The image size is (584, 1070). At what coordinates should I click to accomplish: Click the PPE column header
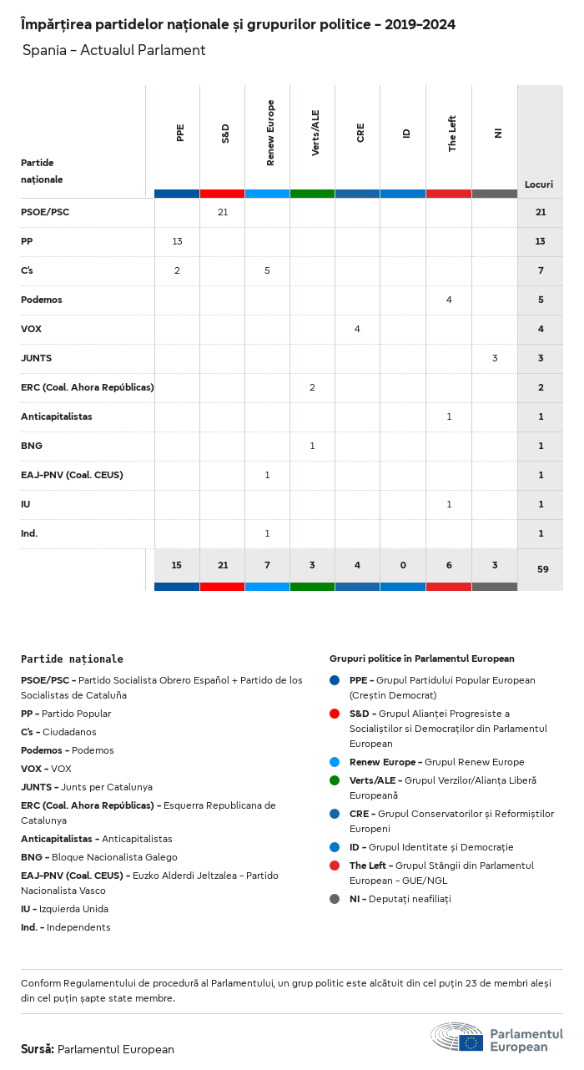[x=180, y=133]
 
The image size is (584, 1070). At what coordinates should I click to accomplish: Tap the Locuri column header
[x=539, y=184]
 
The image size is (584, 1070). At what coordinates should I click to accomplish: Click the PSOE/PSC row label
[x=45, y=212]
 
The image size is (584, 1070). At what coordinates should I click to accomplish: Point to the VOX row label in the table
[x=31, y=329]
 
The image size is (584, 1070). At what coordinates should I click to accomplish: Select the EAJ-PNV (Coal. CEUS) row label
[x=72, y=475]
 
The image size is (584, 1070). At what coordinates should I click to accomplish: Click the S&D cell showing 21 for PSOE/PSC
[x=223, y=212]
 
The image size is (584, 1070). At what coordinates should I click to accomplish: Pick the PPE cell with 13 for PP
[x=177, y=241]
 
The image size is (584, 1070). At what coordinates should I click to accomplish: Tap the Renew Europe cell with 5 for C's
[x=267, y=270]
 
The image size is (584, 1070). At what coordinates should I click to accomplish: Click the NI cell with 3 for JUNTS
[x=495, y=358]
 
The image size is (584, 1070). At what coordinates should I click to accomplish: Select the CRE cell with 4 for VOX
[x=357, y=329]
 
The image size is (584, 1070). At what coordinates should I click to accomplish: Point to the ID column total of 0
[x=403, y=565]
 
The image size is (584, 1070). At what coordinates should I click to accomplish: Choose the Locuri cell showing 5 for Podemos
[x=541, y=300]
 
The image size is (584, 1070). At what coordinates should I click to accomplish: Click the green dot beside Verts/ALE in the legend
[x=335, y=780]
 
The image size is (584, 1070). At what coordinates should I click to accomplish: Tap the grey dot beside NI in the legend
[x=335, y=899]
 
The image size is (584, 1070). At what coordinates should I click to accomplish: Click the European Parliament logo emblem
[x=457, y=1037]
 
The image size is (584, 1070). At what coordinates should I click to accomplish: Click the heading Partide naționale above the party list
[x=72, y=659]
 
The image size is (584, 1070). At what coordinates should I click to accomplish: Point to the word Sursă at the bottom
[x=38, y=1049]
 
